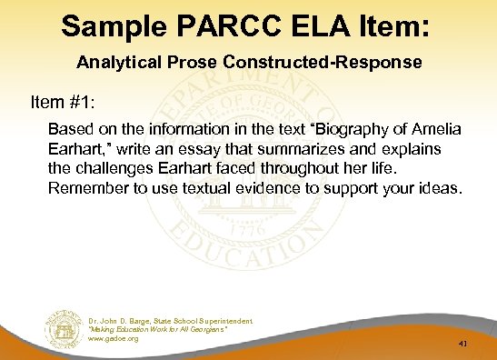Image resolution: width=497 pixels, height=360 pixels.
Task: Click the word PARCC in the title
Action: point(215,25)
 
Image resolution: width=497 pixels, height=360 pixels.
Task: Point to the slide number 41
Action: point(462,345)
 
